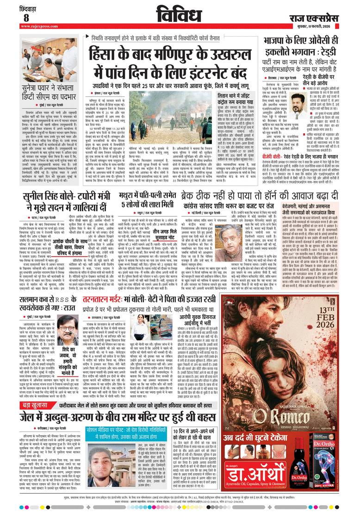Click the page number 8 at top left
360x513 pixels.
pyautogui.click(x=26, y=18)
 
